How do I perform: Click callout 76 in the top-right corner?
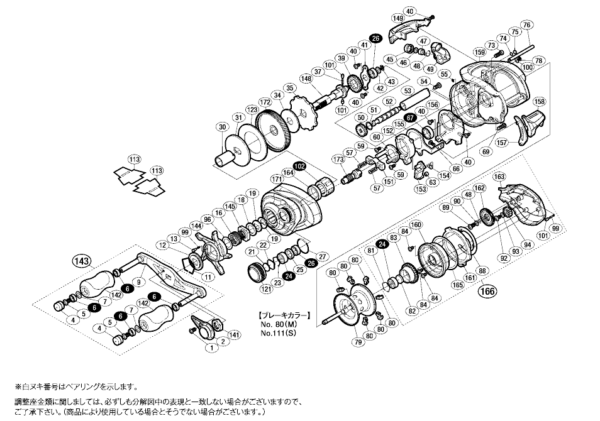[x=527, y=25]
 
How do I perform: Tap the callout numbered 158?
[x=539, y=101]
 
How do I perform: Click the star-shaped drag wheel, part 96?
[x=211, y=249]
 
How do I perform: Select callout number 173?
[x=338, y=161]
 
